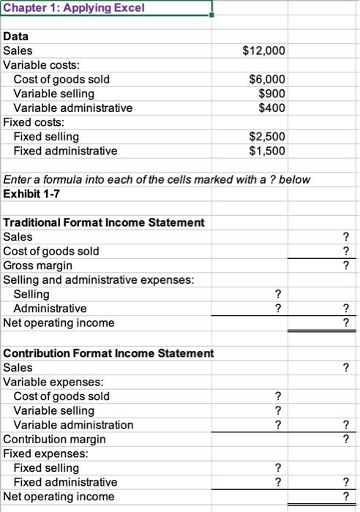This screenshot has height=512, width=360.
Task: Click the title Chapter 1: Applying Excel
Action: click(65, 8)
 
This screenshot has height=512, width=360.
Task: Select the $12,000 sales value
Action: click(263, 50)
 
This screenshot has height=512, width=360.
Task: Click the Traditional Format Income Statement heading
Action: click(104, 222)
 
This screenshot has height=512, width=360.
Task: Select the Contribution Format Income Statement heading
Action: click(108, 353)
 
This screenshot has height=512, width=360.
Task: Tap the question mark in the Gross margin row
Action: click(345, 266)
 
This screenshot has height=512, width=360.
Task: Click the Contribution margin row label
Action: click(54, 439)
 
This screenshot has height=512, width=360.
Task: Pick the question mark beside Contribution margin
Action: click(345, 439)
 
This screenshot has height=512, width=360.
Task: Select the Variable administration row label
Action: click(73, 425)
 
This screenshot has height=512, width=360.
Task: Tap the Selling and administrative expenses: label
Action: click(97, 279)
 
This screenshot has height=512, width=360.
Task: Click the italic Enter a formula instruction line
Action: click(157, 179)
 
